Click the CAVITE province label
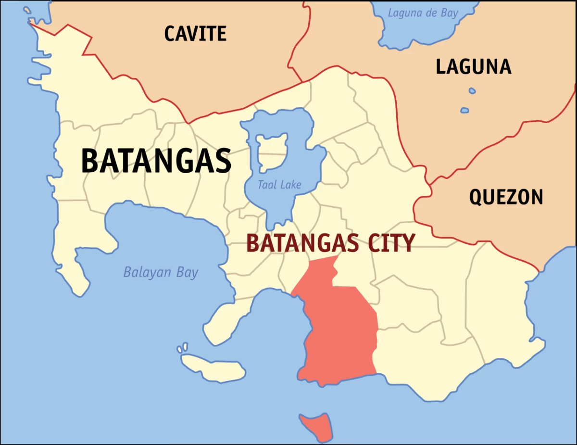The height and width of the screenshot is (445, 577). [195, 33]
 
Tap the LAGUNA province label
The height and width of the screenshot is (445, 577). [473, 66]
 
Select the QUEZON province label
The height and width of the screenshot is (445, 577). [506, 197]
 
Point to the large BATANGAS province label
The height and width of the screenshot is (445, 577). [156, 161]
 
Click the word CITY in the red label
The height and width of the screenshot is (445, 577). [390, 243]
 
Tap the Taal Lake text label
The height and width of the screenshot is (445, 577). [279, 184]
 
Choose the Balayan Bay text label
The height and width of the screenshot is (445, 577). [161, 272]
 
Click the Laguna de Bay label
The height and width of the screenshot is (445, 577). [423, 13]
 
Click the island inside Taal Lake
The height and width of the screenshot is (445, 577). [272, 150]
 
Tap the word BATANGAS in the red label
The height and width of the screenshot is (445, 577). [302, 243]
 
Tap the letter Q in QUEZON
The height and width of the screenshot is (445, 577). [476, 197]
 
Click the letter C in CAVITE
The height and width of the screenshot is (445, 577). [170, 33]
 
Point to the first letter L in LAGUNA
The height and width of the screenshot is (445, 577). [441, 66]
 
